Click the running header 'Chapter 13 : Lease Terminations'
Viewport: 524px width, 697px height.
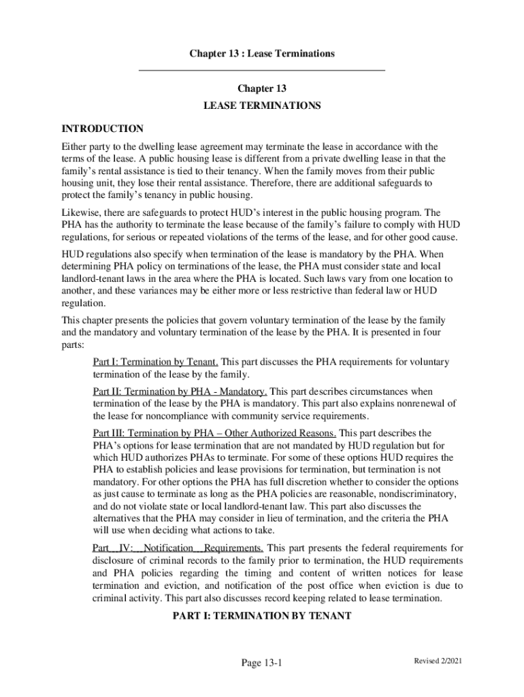[x=262, y=53]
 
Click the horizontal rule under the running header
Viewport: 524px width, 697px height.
[x=262, y=70]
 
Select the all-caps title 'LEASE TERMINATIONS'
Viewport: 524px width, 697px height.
[x=262, y=106]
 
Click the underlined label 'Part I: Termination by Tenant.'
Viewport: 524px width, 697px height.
[x=155, y=362]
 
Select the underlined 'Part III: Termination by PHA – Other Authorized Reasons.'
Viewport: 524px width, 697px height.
[x=214, y=433]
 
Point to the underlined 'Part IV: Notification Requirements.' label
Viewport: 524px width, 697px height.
[x=178, y=548]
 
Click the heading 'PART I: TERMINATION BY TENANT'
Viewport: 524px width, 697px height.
[x=262, y=616]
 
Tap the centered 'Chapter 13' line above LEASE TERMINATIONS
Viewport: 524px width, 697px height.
[x=262, y=89]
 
